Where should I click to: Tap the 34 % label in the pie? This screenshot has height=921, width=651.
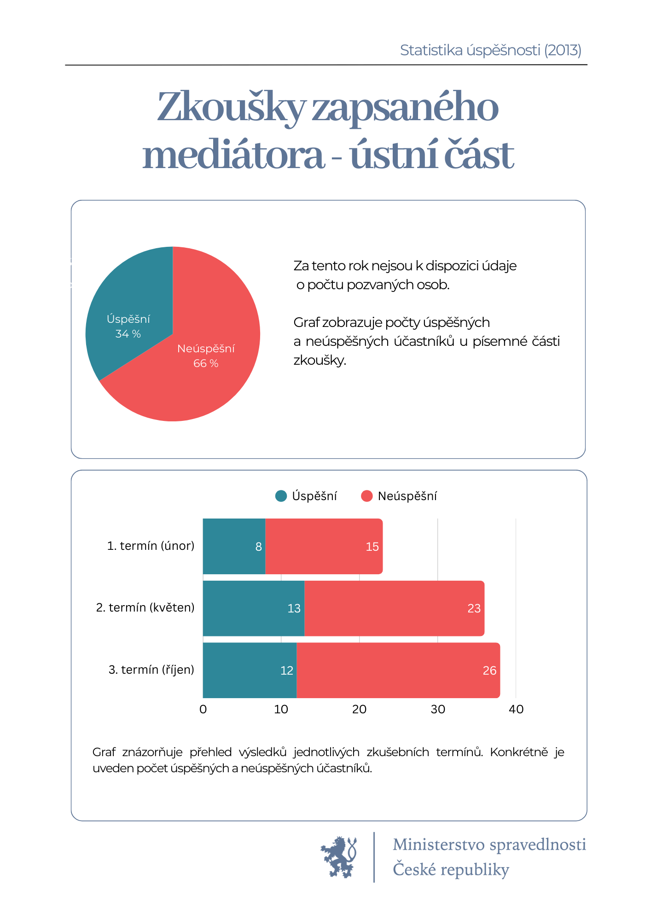point(128,334)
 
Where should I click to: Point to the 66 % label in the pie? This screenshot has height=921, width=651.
point(206,363)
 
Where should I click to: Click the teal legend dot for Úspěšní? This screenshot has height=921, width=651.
point(281,496)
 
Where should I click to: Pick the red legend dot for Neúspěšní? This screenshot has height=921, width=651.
point(367,496)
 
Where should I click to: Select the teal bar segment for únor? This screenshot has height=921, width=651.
point(234,547)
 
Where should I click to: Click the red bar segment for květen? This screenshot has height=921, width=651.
point(394,608)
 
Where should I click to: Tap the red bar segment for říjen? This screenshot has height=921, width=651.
point(398,670)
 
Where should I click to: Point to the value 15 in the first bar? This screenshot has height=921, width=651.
point(372,547)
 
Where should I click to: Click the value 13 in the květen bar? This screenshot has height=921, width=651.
point(294,608)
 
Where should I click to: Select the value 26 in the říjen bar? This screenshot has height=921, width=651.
point(489,670)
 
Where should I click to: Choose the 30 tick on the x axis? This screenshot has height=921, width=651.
point(438,709)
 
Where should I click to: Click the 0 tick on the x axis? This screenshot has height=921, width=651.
point(203,709)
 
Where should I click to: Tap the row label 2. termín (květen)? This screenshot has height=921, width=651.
point(145,608)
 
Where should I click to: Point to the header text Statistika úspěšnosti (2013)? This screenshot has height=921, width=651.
point(490,50)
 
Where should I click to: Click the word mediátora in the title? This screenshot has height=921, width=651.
point(233,155)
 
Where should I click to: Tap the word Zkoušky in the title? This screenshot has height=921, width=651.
point(230,107)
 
